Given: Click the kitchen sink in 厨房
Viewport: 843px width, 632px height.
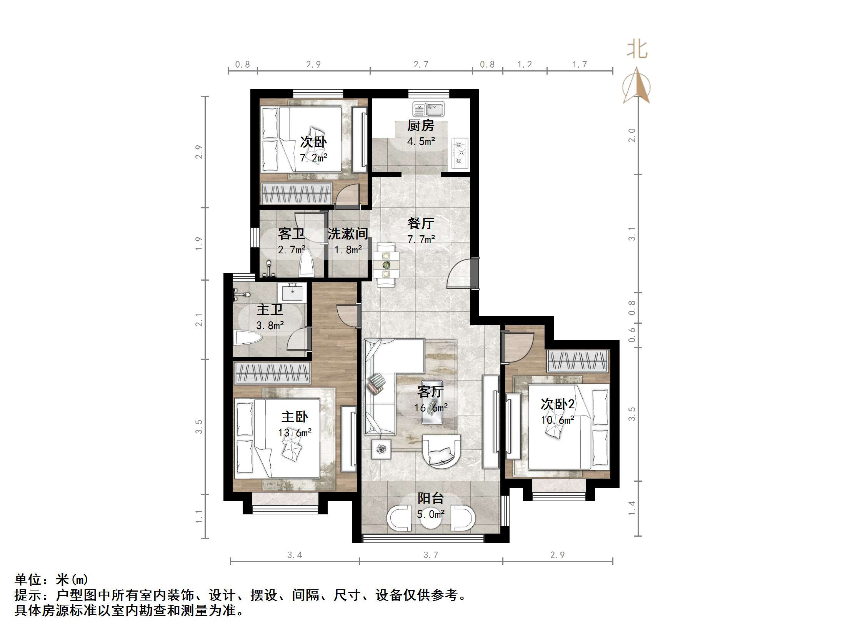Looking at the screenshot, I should pos(428,109).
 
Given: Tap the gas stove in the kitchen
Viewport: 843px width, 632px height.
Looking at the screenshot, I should pos(460,153).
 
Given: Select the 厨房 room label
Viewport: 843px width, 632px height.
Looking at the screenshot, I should pos(421,126).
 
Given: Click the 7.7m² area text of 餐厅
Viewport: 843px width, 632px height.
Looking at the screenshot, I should pos(421,239).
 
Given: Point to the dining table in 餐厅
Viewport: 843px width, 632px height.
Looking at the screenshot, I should pos(386,264).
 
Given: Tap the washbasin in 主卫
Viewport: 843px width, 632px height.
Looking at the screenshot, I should pos(292,293).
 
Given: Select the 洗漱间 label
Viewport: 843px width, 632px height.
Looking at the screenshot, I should pos(348,233).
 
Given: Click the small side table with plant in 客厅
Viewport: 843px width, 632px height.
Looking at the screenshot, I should pos(381,449).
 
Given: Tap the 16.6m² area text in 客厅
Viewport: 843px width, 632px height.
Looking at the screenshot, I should pos(431,407).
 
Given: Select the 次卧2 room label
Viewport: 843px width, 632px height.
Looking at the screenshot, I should pos(557,404).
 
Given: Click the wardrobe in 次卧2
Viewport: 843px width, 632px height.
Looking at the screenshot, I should pos(578,361).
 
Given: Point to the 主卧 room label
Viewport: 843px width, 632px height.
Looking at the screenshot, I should pos(295,417).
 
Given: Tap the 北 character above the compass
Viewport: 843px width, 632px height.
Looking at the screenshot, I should pos(637,50).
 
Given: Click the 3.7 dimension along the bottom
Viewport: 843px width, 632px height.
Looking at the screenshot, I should pos(430,555).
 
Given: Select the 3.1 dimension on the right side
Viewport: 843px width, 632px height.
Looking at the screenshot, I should pos(632,234).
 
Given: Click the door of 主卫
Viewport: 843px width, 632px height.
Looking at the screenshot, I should pos(298,339).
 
